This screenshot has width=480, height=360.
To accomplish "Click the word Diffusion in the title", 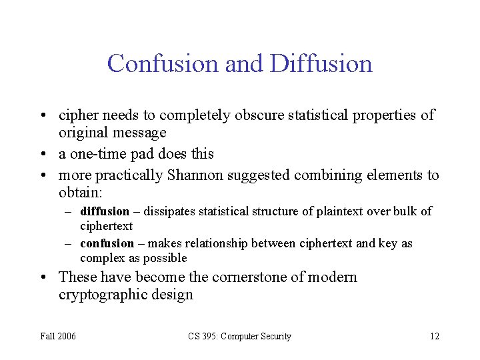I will point(321,64).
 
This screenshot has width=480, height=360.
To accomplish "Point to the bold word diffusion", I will point(105,211).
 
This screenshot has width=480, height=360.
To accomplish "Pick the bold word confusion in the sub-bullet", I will point(107,243).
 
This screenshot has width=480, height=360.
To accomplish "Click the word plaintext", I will point(339,211).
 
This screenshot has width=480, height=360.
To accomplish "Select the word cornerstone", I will point(261,277).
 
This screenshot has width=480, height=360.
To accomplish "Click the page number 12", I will point(435,337).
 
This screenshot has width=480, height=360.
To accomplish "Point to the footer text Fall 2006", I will point(57,337).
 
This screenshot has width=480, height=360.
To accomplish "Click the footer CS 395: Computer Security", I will point(239,337).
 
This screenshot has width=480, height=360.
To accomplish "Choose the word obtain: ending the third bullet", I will point(81,193).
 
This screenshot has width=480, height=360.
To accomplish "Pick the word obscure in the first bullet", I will point(260,115).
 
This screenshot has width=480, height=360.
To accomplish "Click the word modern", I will point(333,277).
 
